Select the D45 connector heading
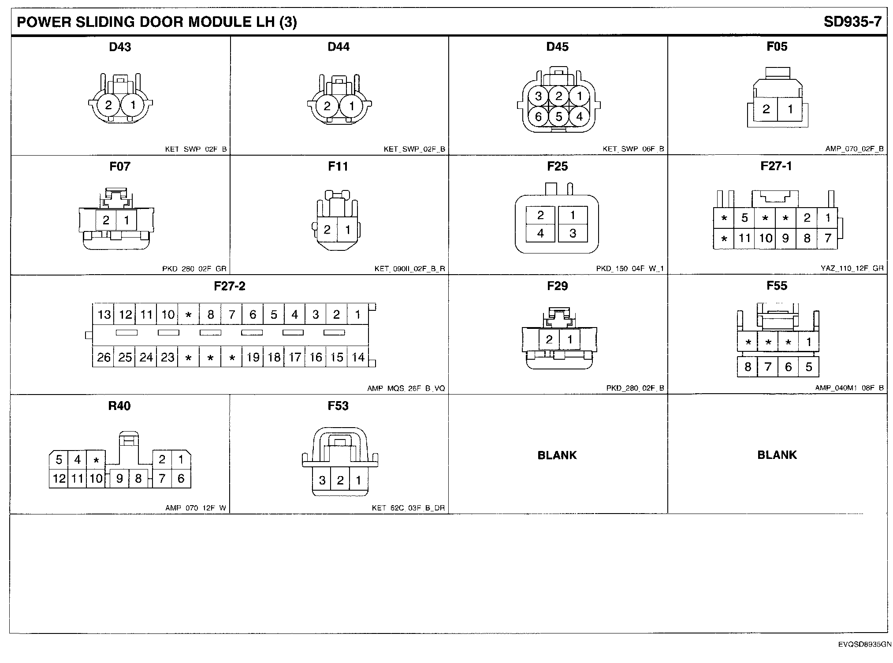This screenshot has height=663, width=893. click(x=557, y=47)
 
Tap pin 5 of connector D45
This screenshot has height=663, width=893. click(x=559, y=117)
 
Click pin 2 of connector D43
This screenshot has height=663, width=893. click(x=108, y=105)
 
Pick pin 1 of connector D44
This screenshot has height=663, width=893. click(x=351, y=106)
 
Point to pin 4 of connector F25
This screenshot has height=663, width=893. click(x=540, y=233)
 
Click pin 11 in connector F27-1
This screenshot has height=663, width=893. click(x=744, y=238)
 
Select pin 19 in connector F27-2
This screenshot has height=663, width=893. click(x=253, y=357)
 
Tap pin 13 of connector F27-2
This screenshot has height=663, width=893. click(x=104, y=314)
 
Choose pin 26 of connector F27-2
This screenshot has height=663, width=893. click(x=104, y=357)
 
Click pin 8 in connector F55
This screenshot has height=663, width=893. click(x=748, y=367)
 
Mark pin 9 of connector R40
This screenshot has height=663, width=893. click(x=119, y=479)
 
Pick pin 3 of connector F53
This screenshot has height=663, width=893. click(x=322, y=480)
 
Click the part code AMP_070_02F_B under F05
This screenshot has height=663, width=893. click(x=854, y=149)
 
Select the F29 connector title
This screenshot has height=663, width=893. click(x=557, y=286)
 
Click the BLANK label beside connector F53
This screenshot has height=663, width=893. click(x=557, y=455)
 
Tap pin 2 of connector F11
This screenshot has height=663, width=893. click(x=327, y=230)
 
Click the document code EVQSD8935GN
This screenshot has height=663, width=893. click(x=863, y=644)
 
